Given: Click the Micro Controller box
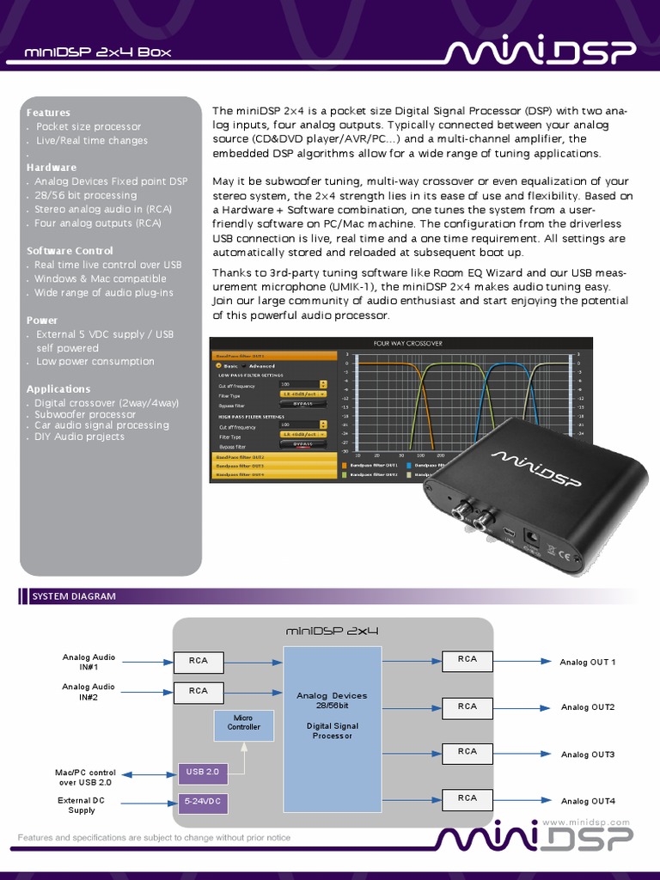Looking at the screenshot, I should tap(243, 722).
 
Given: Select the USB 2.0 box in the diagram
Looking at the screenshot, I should tap(203, 773).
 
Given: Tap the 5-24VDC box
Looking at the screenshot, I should tap(203, 803).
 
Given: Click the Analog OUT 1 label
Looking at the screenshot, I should tap(588, 663).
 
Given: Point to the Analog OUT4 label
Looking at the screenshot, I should tap(588, 802).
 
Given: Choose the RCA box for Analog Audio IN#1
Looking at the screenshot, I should tap(199, 662).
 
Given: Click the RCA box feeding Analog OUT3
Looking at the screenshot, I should tap(467, 752).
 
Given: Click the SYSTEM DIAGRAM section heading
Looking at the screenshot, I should tap(74, 596).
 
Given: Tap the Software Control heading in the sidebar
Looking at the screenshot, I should tap(70, 251).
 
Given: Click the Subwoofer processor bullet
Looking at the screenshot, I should tap(85, 414).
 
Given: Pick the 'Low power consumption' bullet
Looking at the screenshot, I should tap(95, 362).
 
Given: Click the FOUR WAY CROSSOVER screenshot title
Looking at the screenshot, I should tap(408, 343).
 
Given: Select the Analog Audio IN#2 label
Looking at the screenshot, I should tap(89, 692).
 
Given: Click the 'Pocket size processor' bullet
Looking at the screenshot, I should tap(89, 126).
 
